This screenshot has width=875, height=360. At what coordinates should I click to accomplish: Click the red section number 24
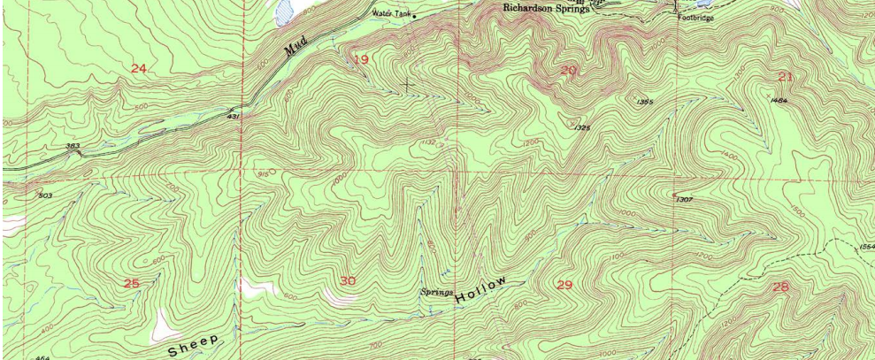click(x=138, y=69)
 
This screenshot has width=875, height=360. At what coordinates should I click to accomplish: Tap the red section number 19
click(x=361, y=59)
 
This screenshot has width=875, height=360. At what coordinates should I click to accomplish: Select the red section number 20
click(x=568, y=70)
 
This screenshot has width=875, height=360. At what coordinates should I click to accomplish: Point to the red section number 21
click(x=786, y=77)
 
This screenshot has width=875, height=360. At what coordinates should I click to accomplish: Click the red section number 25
click(x=132, y=283)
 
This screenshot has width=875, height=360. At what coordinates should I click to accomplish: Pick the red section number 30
click(x=348, y=281)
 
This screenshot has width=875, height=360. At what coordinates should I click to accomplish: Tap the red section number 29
click(x=564, y=284)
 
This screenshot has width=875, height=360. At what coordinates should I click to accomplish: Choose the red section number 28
click(x=780, y=287)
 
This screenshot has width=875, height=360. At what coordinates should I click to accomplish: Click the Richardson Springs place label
click(x=546, y=9)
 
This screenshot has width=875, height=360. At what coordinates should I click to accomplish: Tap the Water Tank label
click(x=390, y=13)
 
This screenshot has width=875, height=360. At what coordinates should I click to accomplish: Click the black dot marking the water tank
click(x=414, y=16)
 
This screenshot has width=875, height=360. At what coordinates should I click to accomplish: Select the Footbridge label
click(x=695, y=17)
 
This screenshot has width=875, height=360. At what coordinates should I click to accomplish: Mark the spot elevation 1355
click(x=645, y=102)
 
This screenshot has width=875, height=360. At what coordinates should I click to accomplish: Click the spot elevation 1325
click(x=581, y=128)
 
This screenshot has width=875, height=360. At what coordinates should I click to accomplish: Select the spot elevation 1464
click(x=779, y=101)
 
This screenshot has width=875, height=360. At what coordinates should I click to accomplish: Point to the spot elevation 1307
click(x=684, y=200)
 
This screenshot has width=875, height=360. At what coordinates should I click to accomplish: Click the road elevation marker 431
click(x=234, y=116)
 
